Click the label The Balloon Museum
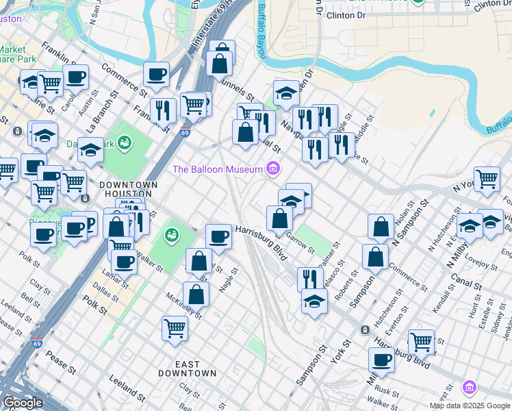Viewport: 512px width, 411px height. pos(217,169)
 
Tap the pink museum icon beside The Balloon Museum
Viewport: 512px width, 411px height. pos(273,168)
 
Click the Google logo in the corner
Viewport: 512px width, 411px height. pos(23,403)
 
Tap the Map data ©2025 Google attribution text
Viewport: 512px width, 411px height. pos(470,406)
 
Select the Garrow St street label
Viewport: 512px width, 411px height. pos(300,242)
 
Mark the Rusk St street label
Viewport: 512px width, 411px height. pos(386,391)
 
